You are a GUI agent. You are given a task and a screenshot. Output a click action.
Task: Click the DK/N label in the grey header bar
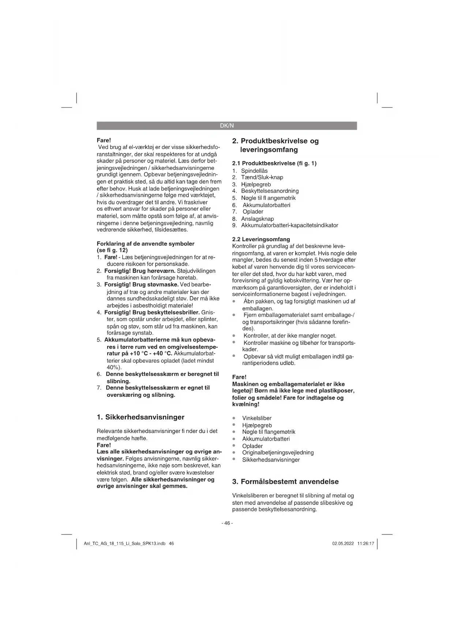pyautogui.click(x=226, y=126)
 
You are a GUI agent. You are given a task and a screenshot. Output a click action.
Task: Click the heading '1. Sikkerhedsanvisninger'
pyautogui.click(x=140, y=417)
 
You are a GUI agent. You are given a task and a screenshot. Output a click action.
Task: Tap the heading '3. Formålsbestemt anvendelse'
pyautogui.click(x=285, y=482)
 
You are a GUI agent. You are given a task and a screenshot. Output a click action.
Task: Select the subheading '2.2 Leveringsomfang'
pyautogui.click(x=261, y=239)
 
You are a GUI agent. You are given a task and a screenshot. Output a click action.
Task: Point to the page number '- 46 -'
pyautogui.click(x=227, y=523)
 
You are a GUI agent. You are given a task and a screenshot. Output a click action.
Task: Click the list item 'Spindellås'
pyautogui.click(x=254, y=171)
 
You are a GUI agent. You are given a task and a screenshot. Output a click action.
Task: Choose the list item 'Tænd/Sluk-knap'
pyautogui.click(x=262, y=178)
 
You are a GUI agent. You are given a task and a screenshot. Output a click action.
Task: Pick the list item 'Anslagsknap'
pyautogui.click(x=257, y=219)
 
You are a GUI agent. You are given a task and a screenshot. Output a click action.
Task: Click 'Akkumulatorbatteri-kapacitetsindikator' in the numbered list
pyautogui.click(x=289, y=225)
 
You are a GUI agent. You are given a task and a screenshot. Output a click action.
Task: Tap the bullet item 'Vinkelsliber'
pyautogui.click(x=257, y=418)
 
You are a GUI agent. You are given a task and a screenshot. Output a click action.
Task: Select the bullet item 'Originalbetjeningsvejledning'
pyautogui.click(x=278, y=453)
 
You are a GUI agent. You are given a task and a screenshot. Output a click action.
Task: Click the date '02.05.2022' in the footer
pyautogui.click(x=343, y=544)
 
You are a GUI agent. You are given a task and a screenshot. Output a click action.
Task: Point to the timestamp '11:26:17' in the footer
pyautogui.click(x=365, y=544)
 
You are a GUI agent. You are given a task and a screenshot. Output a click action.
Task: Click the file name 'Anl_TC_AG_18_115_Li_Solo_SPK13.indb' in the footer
pyautogui.click(x=125, y=544)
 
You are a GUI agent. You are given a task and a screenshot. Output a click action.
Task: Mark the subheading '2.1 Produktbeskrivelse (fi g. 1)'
pyautogui.click(x=274, y=163)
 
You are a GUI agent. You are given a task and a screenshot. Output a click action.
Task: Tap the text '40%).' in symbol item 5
pyautogui.click(x=114, y=367)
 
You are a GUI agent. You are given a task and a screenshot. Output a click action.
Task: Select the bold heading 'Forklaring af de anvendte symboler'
pyautogui.click(x=145, y=244)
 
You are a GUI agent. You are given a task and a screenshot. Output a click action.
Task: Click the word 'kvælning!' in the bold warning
pyautogui.click(x=246, y=404)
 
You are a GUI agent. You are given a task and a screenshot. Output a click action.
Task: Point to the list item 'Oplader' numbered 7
pyautogui.click(x=253, y=212)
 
